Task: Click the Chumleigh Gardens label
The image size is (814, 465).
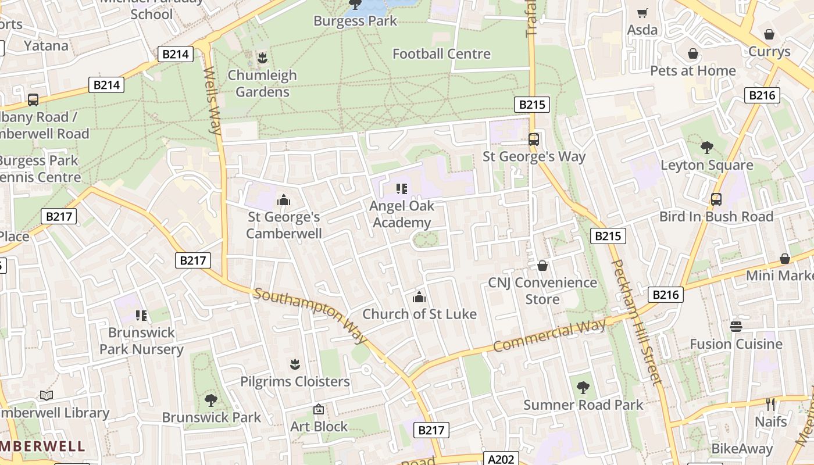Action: tap(262, 84)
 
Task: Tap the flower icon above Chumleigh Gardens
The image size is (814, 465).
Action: tap(262, 58)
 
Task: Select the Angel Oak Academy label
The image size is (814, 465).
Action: tap(402, 214)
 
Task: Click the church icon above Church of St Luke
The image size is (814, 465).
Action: tap(419, 298)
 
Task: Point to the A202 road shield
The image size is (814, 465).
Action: tap(501, 459)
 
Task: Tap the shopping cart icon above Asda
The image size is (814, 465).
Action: tap(642, 13)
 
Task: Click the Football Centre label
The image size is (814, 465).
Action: tap(441, 54)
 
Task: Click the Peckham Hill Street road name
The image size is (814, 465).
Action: tap(636, 322)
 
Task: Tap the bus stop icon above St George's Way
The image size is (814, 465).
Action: tap(534, 139)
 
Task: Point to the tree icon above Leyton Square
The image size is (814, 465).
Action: tap(707, 148)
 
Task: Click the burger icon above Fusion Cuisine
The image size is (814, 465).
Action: tap(736, 326)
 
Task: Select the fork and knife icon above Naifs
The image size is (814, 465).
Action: tap(771, 404)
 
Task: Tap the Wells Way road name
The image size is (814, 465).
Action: tap(212, 100)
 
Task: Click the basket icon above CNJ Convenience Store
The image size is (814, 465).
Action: tap(542, 266)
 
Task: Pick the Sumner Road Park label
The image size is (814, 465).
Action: tap(583, 405)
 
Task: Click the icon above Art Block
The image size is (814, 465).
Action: tap(319, 410)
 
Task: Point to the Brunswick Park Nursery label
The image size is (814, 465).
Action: tap(141, 341)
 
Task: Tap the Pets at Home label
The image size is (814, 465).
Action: tap(692, 71)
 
